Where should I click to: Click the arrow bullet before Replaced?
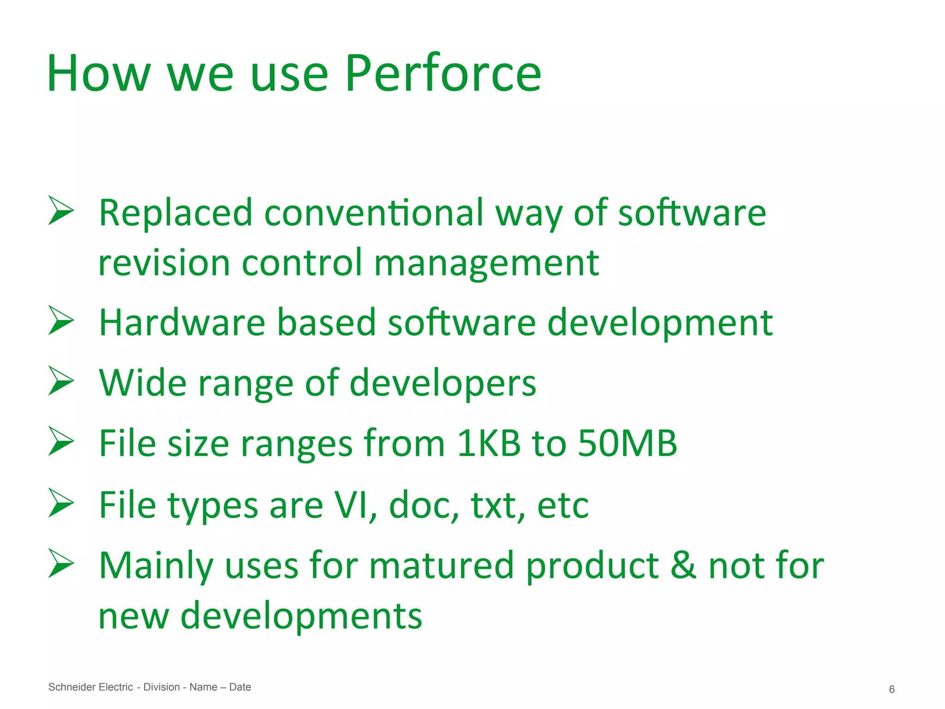[61, 211]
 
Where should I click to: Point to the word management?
[486, 263]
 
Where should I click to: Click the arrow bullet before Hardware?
[61, 320]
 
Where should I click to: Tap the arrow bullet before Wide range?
[61, 381]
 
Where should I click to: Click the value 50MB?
[627, 443]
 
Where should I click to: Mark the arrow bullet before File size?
[61, 441]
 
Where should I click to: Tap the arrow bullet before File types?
[61, 503]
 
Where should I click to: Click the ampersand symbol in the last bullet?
[683, 565]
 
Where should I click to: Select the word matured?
[442, 565]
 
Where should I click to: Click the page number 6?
[891, 689]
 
